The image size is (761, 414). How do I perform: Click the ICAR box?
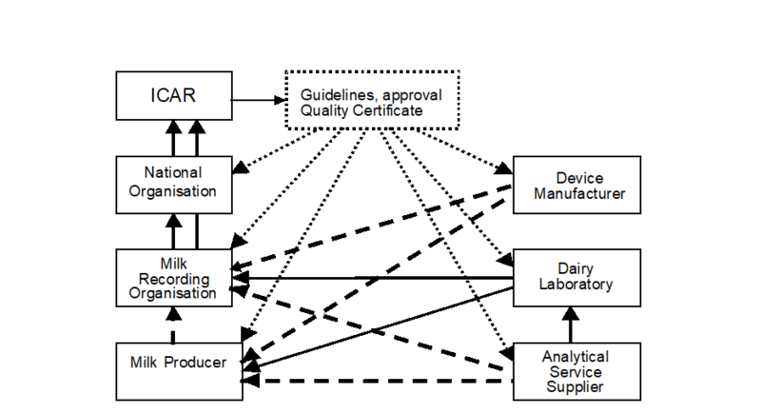(x=173, y=96)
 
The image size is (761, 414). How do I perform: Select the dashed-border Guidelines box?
(x=373, y=100)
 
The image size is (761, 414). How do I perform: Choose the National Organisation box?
(x=173, y=184)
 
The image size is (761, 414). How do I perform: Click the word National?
(x=173, y=173)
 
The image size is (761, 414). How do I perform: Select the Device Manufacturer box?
(x=576, y=185)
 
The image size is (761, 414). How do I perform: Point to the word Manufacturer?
(x=579, y=194)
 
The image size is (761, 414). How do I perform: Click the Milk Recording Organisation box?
(x=173, y=277)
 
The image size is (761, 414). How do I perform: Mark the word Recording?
(x=173, y=278)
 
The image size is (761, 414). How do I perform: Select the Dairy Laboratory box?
(x=576, y=277)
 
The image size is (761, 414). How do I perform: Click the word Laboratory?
(x=576, y=285)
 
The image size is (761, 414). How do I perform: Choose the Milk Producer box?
(x=179, y=371)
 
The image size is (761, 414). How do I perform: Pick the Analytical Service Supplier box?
(x=576, y=371)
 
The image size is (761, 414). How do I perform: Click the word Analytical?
(x=576, y=357)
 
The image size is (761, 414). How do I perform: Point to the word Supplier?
(x=576, y=387)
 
